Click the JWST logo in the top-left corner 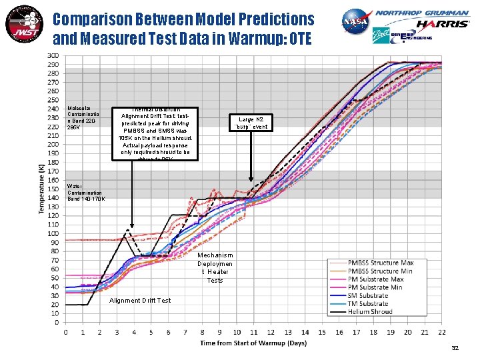23,25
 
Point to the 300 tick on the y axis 52,55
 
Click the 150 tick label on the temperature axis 52,189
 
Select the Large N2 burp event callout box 251,123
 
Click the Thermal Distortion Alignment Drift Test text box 155,133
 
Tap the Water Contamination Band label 85,192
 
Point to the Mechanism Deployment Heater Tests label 215,267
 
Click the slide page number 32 455,348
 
